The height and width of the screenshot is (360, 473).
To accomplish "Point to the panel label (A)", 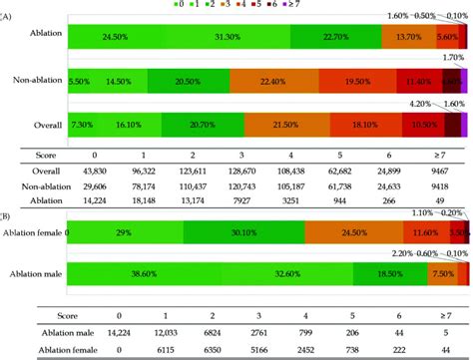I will tap(7, 15).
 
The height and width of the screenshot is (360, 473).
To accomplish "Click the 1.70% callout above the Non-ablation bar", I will tap(448, 59).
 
